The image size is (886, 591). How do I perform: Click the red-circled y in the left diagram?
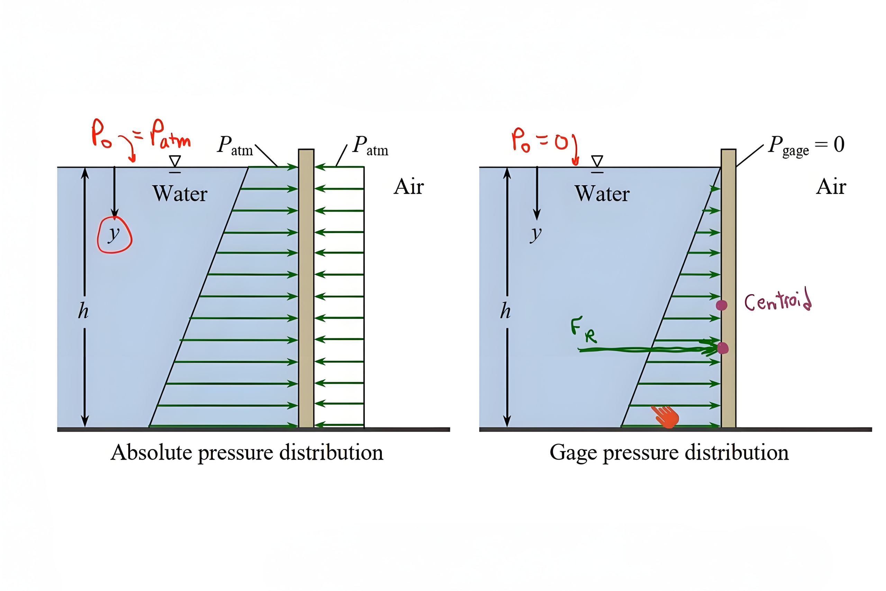coord(114,235)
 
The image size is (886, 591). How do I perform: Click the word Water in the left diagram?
coord(180,194)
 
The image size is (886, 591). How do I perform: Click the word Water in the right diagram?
coord(602,194)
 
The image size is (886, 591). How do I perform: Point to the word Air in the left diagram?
coord(409,187)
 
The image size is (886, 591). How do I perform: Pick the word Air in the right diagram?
coord(831,187)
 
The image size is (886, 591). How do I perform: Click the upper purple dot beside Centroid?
coord(721,305)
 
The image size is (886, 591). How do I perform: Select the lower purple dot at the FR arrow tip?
coord(723,348)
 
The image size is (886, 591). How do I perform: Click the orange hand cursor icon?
coord(666,417)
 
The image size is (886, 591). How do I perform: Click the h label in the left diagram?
coord(83,312)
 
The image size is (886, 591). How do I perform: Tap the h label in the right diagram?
coord(505,312)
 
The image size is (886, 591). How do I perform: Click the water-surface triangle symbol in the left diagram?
coord(175,161)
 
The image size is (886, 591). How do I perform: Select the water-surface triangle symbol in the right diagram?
coord(597,161)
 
